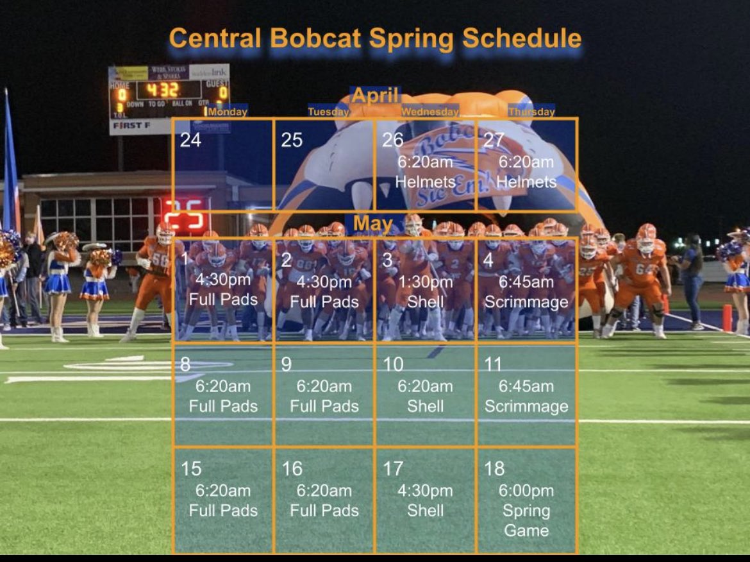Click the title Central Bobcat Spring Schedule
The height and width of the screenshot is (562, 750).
point(375,38)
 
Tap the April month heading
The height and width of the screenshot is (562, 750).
point(375,96)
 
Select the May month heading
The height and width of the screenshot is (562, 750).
point(372,223)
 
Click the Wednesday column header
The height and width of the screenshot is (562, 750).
point(429,112)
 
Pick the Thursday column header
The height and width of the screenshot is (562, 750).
point(531,112)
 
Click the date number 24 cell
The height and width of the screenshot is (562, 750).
point(190,140)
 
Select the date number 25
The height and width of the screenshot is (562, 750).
point(292,140)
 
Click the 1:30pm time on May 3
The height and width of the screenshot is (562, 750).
point(425,283)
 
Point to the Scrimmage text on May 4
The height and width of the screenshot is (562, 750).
point(526,302)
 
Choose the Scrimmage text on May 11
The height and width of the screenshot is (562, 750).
point(526,406)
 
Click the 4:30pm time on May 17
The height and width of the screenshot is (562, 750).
point(425,491)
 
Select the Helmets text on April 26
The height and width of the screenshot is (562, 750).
point(425,182)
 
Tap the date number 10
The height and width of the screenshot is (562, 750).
point(393,365)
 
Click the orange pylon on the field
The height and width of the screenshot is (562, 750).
point(727,318)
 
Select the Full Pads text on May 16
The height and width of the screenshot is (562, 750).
point(324,511)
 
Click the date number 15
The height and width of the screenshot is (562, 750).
point(191,469)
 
